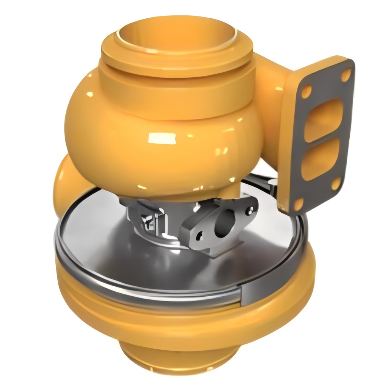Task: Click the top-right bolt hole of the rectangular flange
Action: tap(346, 75)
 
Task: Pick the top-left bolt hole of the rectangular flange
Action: tap(306, 91)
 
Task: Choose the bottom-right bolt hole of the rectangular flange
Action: tap(336, 183)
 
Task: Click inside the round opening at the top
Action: tap(176, 32)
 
